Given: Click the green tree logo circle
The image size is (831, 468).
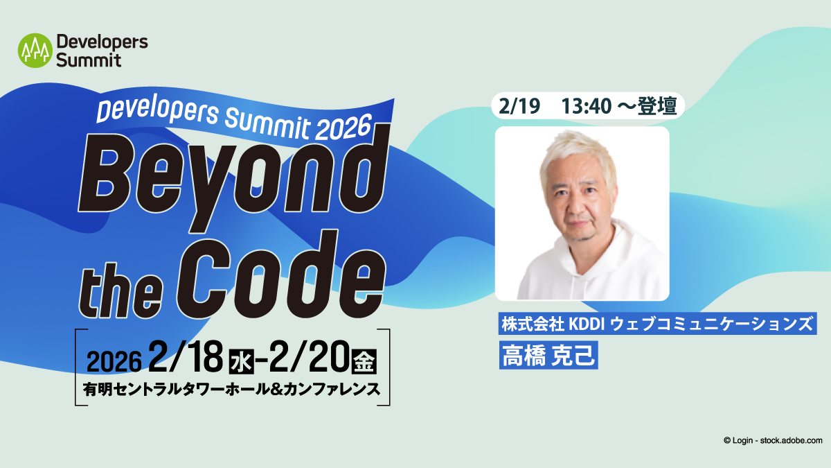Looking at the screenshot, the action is [35, 51].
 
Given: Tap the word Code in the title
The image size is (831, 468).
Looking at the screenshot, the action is [281, 274].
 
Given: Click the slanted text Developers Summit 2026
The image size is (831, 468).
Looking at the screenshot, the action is [235, 119].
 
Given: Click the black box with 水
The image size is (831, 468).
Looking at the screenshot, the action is [242, 361].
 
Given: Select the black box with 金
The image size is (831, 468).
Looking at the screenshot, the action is [364, 361].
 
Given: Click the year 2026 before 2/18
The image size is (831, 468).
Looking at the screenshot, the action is [114, 361].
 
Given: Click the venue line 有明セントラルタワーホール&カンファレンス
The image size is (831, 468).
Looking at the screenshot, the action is [232, 389].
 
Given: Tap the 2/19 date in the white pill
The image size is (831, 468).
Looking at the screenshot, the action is [519, 106].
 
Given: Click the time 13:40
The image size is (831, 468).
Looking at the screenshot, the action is [586, 106].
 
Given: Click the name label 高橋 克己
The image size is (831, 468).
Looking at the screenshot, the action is [548, 355].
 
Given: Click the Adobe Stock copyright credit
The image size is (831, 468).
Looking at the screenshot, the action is [773, 440].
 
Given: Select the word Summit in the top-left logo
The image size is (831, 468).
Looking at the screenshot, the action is [89, 60].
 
